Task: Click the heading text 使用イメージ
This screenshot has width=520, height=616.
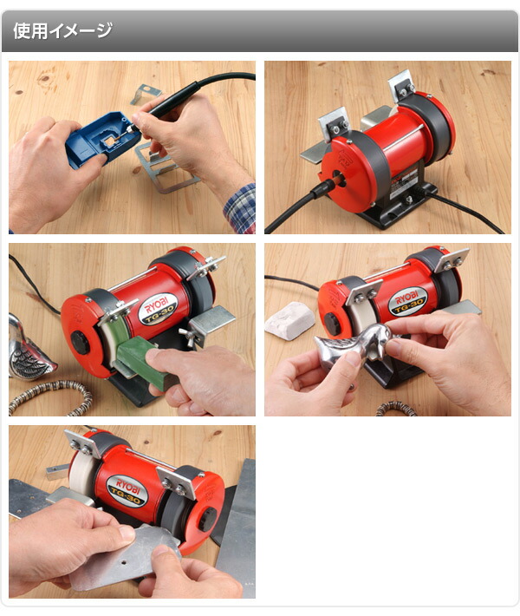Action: (62, 30)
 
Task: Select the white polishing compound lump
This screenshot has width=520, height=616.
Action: (290, 320)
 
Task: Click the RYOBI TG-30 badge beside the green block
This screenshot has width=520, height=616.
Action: (159, 308)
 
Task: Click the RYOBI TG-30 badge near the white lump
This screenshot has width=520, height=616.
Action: (407, 301)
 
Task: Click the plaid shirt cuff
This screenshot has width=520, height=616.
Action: (240, 209)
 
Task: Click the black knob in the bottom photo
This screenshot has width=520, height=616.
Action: (208, 519)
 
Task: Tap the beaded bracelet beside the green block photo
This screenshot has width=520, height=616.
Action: (51, 396)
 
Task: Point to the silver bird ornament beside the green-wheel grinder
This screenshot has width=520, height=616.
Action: (29, 348)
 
